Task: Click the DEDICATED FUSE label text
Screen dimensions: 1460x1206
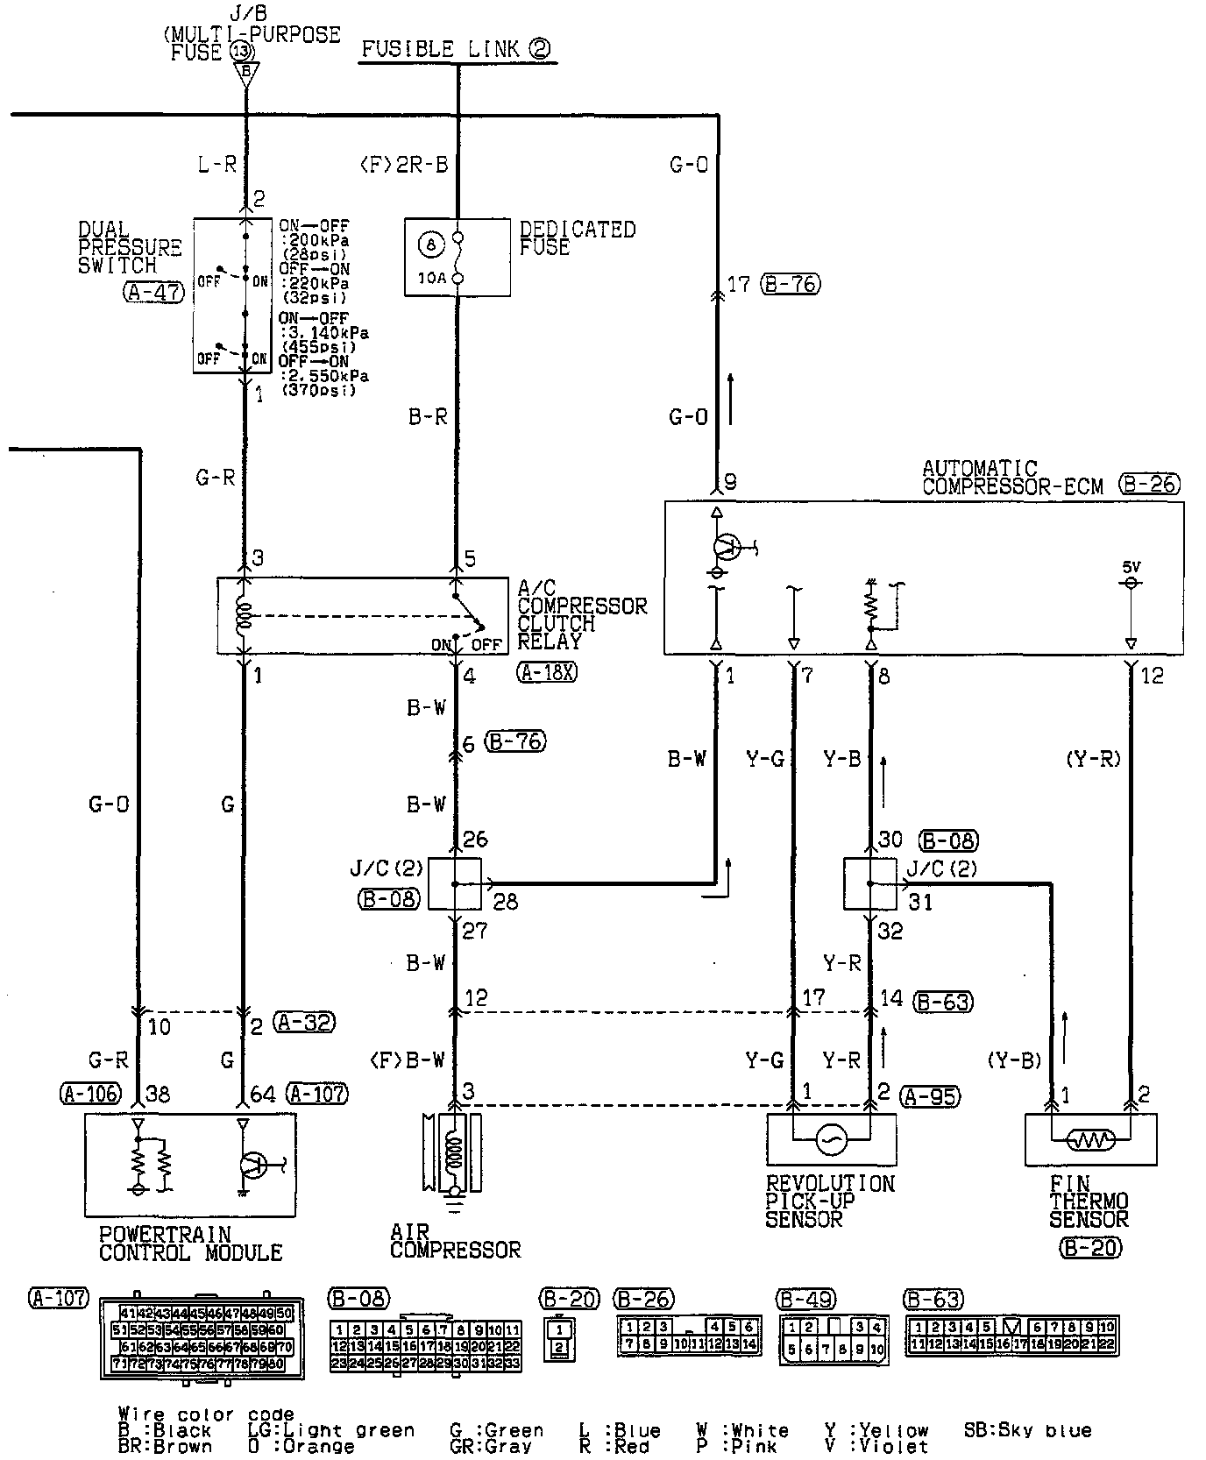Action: point(577,238)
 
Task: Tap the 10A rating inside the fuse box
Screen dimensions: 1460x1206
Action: point(430,279)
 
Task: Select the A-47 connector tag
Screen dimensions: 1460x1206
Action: point(154,293)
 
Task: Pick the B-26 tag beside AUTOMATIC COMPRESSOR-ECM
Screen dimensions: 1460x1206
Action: point(1149,483)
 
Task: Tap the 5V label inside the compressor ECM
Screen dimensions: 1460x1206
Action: point(1131,566)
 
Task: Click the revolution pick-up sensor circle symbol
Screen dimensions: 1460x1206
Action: point(829,1139)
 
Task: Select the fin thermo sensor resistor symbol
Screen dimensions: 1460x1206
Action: point(1090,1140)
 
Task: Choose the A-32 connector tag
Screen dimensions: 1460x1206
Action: point(304,1022)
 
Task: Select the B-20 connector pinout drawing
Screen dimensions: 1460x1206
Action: point(558,1339)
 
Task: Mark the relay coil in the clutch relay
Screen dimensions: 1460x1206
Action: point(245,615)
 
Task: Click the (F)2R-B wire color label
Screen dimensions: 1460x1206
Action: point(404,165)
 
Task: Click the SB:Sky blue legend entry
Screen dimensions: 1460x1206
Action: point(1027,1430)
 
